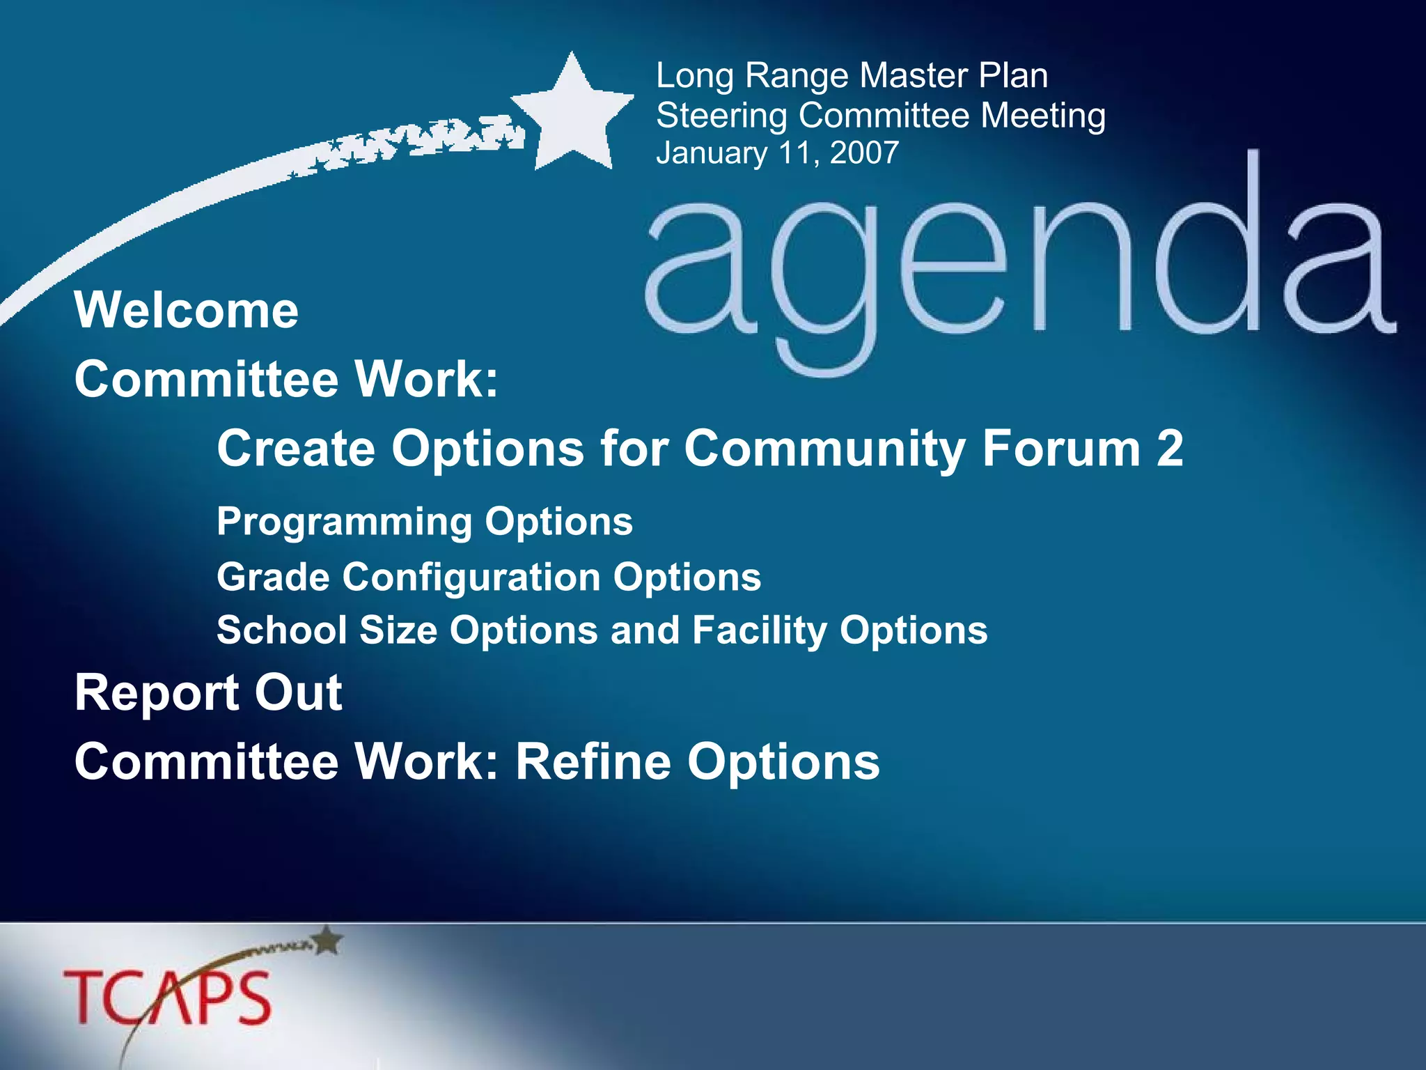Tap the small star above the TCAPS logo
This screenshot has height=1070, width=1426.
(x=327, y=941)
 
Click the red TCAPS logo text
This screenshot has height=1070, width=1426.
(x=167, y=998)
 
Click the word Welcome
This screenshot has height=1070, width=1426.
(x=187, y=310)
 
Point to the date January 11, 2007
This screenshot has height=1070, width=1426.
(x=777, y=153)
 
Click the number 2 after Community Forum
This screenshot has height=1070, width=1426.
(x=1169, y=448)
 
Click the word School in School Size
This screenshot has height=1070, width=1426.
(x=281, y=630)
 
